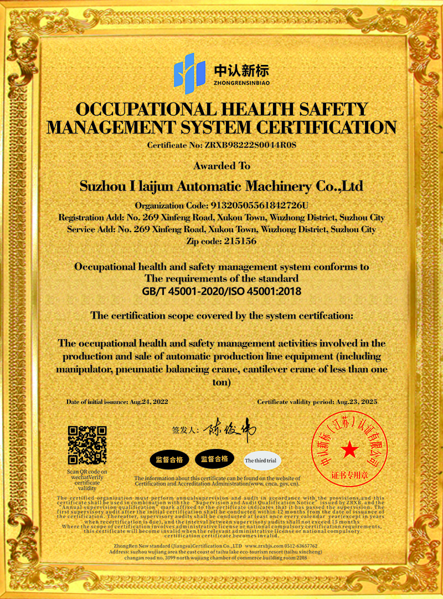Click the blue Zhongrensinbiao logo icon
pos(189,70)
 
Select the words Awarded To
pos(221,166)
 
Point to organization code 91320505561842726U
pos(257,205)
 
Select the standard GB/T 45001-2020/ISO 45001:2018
pos(221,291)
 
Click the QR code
pos(87,446)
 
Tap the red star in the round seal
pos(349,450)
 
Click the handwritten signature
pos(229,429)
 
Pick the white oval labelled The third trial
pos(262,460)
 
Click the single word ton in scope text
pos(221,382)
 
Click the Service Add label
pos(91,229)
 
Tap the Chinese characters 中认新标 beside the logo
pos(241,70)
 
